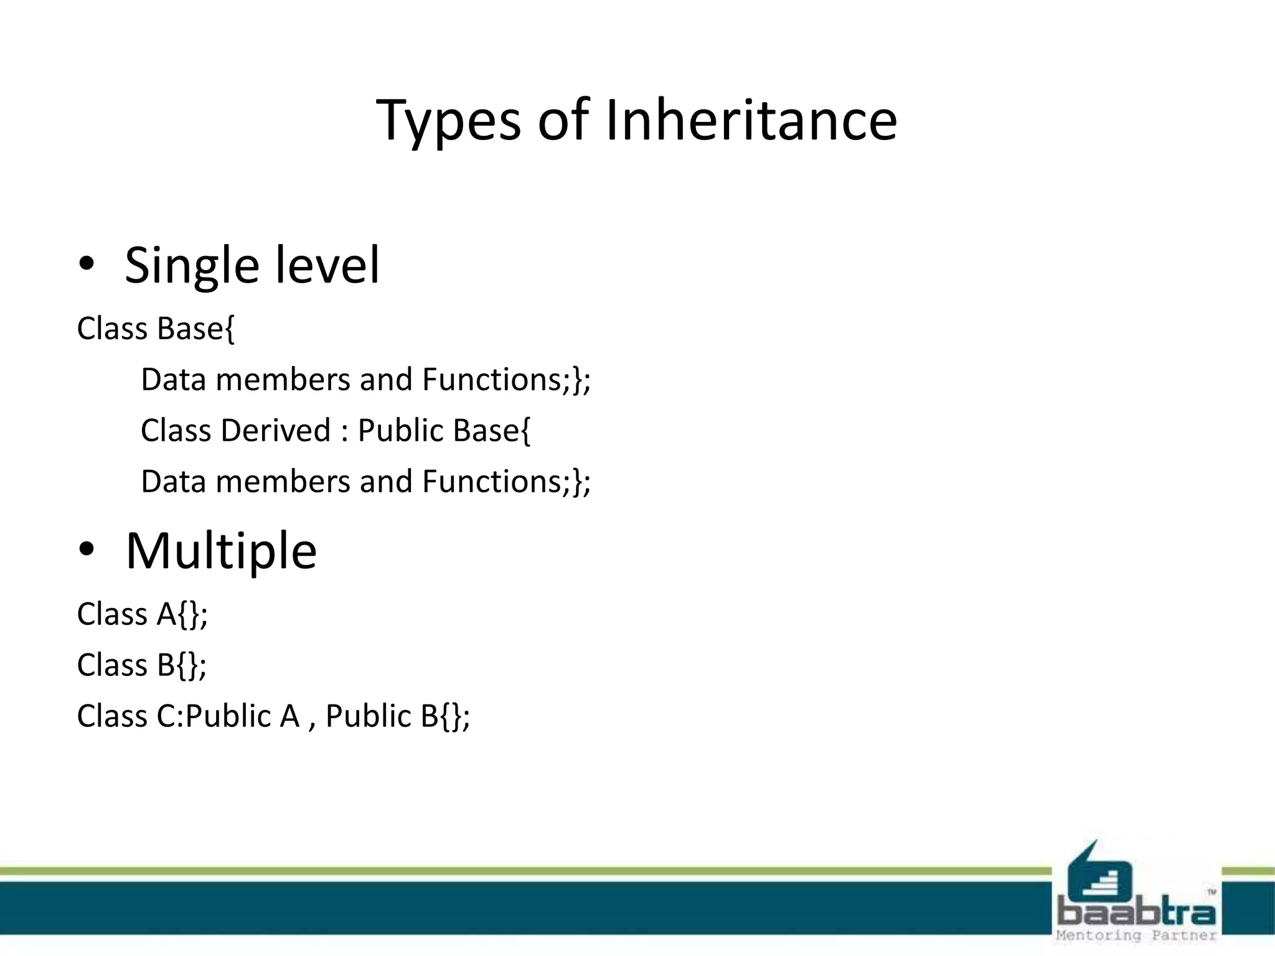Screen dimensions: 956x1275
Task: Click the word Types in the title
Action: (x=448, y=119)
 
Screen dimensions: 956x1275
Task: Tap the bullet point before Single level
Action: (x=87, y=265)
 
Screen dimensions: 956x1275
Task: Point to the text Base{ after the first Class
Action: (x=196, y=329)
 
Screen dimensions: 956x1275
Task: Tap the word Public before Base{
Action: (x=400, y=431)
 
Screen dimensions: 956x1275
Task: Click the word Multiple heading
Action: (x=221, y=551)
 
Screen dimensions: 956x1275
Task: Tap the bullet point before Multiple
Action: (x=87, y=550)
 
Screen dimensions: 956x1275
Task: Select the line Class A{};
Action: (x=142, y=614)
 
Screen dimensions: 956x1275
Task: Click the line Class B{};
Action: (x=142, y=665)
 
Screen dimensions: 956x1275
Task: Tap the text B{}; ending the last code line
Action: (x=445, y=716)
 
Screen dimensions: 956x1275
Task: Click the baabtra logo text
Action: (x=1136, y=912)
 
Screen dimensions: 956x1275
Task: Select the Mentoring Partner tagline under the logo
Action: (x=1136, y=935)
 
